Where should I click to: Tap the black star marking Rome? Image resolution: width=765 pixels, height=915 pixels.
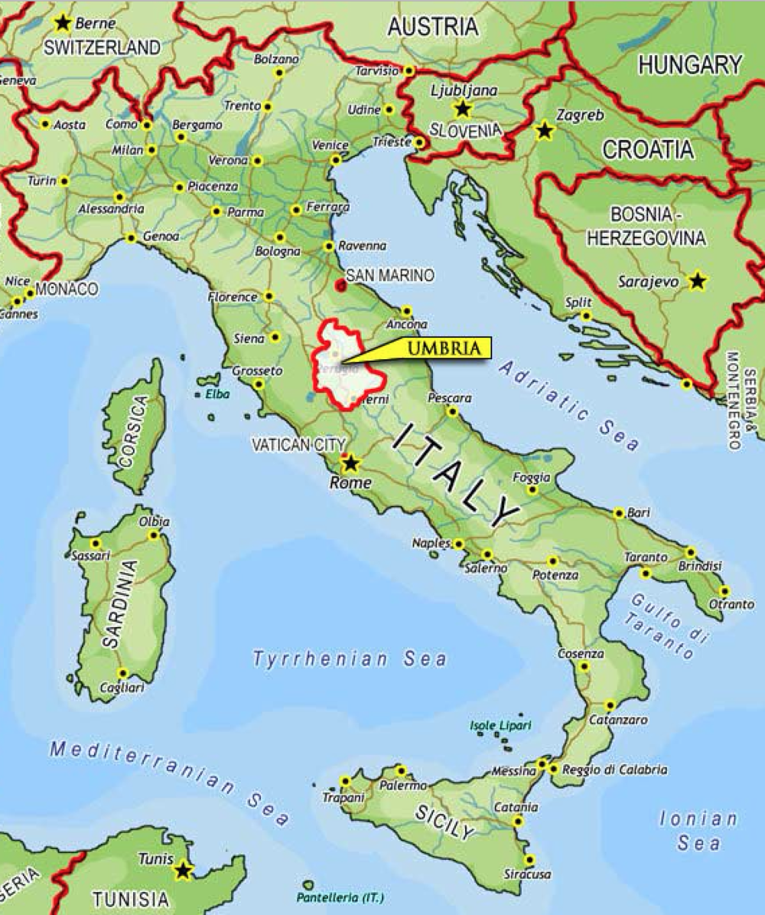coord(350,463)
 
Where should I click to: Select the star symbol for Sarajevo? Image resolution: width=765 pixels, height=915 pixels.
coord(696,281)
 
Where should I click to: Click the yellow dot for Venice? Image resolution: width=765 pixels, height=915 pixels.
coord(335,160)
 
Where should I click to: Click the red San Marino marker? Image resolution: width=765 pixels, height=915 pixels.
coord(340,286)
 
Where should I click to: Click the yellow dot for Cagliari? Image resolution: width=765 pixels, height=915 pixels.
coord(122,673)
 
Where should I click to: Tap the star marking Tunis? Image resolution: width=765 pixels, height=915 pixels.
coord(182,870)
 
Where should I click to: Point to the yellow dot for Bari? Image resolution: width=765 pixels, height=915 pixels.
coord(618,513)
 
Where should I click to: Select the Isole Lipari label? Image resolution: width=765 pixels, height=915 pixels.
coord(500,725)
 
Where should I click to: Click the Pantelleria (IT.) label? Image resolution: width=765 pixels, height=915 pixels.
coord(340,897)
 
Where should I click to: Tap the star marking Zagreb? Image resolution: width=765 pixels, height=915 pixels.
coord(544,131)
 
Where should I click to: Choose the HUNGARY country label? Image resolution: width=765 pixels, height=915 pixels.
coord(690,65)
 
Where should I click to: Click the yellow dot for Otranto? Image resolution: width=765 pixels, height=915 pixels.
coord(724,591)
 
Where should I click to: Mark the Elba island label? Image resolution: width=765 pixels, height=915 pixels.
coord(211,394)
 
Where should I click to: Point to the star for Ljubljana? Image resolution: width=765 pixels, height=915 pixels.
coord(461,109)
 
